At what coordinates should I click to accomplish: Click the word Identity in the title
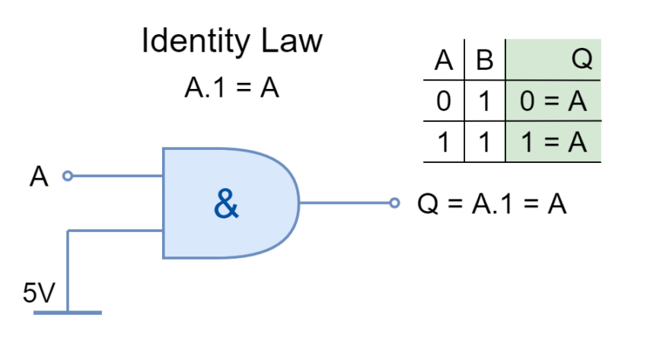pyautogui.click(x=196, y=42)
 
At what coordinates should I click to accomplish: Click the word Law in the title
pyautogui.click(x=292, y=40)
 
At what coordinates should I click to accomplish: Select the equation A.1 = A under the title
pyautogui.click(x=231, y=88)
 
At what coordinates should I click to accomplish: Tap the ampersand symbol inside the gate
pyautogui.click(x=226, y=203)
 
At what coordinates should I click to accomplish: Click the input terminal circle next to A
pyautogui.click(x=68, y=176)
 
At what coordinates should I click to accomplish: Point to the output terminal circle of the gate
pyautogui.click(x=394, y=203)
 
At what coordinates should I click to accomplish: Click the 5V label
pyautogui.click(x=39, y=293)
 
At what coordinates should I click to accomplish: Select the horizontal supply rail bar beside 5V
pyautogui.click(x=68, y=313)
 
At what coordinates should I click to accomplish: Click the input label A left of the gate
pyautogui.click(x=39, y=177)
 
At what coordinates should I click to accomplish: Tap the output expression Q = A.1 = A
pyautogui.click(x=492, y=204)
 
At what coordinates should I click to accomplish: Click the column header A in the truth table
pyautogui.click(x=444, y=60)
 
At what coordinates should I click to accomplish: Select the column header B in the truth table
pyautogui.click(x=484, y=60)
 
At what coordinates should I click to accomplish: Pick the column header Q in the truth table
pyautogui.click(x=582, y=59)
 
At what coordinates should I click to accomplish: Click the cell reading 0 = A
pyautogui.click(x=553, y=101)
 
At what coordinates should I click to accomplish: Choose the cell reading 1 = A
pyautogui.click(x=553, y=142)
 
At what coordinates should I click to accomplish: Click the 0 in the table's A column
pyautogui.click(x=444, y=101)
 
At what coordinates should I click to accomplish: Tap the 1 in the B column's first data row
pyautogui.click(x=484, y=101)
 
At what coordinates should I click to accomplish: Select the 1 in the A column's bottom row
pyautogui.click(x=444, y=142)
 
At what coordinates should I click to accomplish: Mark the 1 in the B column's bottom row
pyautogui.click(x=484, y=142)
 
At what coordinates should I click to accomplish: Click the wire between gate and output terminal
pyautogui.click(x=344, y=203)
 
